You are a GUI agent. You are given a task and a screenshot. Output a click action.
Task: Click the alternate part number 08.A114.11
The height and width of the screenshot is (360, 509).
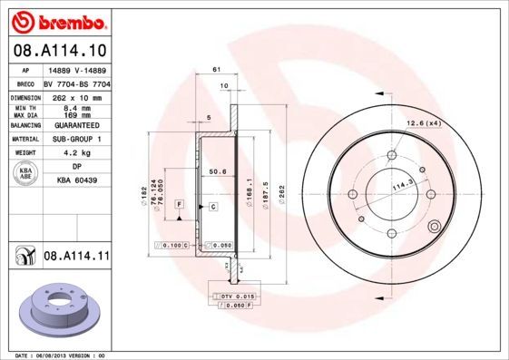pos(75,258)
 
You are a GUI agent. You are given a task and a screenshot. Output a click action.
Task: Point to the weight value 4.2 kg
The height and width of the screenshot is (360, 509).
pos(74,152)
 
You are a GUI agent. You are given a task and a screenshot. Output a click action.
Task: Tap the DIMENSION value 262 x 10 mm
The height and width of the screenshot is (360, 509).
pos(74,95)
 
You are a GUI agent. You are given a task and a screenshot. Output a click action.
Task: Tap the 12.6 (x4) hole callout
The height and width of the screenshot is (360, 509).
pos(422,122)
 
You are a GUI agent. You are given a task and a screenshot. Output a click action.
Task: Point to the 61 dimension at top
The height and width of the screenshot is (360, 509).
pos(216,70)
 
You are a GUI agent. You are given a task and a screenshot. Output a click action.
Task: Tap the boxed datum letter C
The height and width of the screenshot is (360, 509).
pos(212,207)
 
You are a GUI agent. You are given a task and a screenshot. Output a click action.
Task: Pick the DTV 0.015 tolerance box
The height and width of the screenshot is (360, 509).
pos(234,297)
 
